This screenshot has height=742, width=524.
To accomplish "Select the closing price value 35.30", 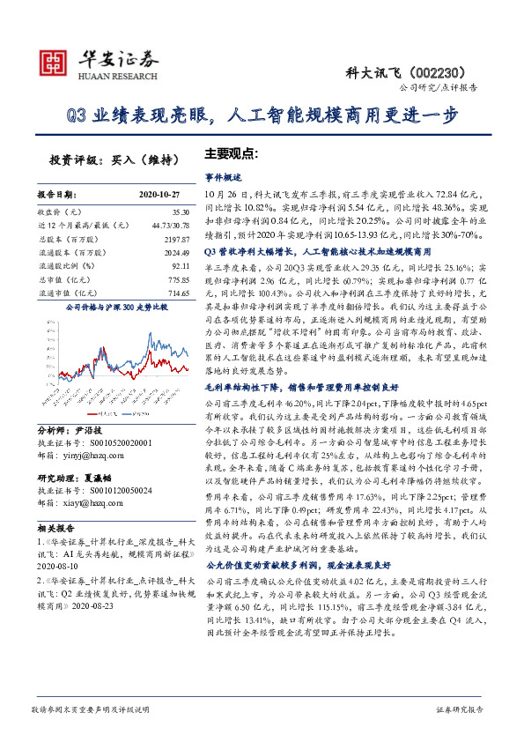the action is pos(181,212).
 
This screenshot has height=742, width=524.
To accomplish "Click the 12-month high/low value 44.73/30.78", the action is pos(170,226).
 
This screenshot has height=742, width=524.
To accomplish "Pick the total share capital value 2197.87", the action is pos(177,239).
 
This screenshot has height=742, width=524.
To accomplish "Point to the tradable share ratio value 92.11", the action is pos(181,265).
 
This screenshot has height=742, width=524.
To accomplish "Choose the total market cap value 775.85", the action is pos(179,278).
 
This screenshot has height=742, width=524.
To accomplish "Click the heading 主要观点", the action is pos(231,152).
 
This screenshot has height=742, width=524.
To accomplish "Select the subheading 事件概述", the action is pos(222,176).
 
